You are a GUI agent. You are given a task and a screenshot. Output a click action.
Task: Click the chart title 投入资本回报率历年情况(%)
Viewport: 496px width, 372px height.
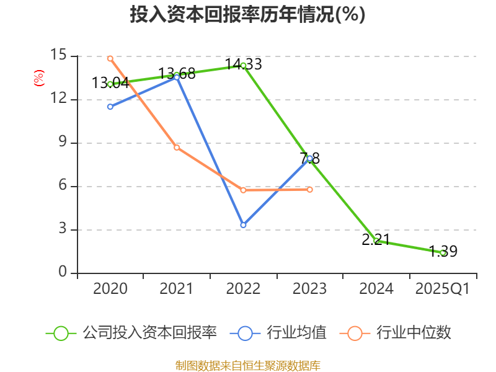(x=247, y=15)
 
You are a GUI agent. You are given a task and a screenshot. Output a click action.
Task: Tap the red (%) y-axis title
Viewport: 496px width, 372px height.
(x=38, y=78)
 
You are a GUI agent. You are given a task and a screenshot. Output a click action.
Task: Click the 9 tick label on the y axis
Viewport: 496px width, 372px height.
(x=61, y=143)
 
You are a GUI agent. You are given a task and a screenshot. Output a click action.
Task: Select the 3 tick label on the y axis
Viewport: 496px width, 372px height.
(x=61, y=229)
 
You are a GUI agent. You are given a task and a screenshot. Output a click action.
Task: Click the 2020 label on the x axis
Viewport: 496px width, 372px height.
(x=110, y=289)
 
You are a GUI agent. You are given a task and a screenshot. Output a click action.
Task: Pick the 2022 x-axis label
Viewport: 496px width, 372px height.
(x=243, y=289)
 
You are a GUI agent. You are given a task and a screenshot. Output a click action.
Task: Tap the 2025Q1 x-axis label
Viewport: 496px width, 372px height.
(x=443, y=289)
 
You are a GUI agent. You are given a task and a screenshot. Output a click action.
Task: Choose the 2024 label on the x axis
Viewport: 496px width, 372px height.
(x=376, y=289)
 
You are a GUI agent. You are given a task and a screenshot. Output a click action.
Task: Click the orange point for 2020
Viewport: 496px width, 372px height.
(x=110, y=58)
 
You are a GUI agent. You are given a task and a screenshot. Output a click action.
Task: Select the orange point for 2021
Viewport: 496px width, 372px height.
(x=177, y=148)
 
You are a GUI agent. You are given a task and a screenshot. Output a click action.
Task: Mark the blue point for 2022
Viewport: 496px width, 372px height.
(x=243, y=225)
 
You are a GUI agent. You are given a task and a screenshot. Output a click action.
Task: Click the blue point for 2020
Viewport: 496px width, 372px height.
(x=110, y=107)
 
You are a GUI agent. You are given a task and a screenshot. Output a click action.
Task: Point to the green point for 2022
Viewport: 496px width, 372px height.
(x=243, y=65)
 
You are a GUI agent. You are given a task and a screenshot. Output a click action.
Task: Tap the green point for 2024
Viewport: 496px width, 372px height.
(x=376, y=241)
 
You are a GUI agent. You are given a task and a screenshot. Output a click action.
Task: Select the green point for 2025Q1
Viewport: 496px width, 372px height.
(x=443, y=252)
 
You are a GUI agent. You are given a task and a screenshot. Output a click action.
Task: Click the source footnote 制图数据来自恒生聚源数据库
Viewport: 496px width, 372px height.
(x=247, y=365)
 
